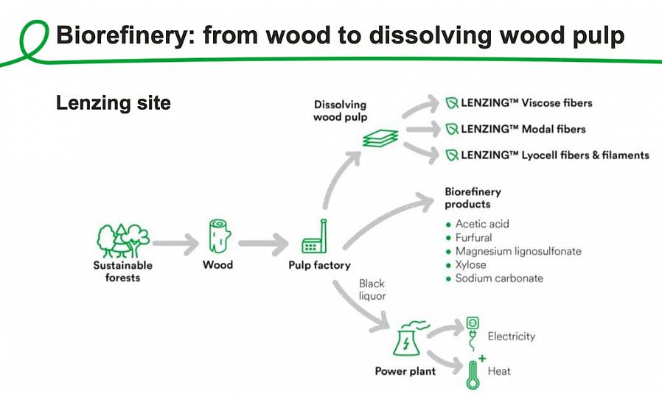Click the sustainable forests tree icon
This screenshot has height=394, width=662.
pos(123,240)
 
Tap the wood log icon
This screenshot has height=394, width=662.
pos(220,236)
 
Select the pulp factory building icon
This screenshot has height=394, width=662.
pos(315,236)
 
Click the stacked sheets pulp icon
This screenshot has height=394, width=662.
pos(380,138)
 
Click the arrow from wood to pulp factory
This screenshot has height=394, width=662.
pos(263,244)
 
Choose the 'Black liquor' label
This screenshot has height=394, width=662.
pos(372,289)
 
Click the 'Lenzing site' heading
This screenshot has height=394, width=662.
pos(113,103)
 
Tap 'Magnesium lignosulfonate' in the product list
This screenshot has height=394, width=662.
pos(518,251)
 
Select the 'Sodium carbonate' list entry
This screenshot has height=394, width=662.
pos(500,278)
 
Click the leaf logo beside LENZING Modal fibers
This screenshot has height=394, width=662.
pos(452,129)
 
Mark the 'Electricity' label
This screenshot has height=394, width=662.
pos(512,337)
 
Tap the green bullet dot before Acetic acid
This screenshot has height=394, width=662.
pos(448,225)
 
